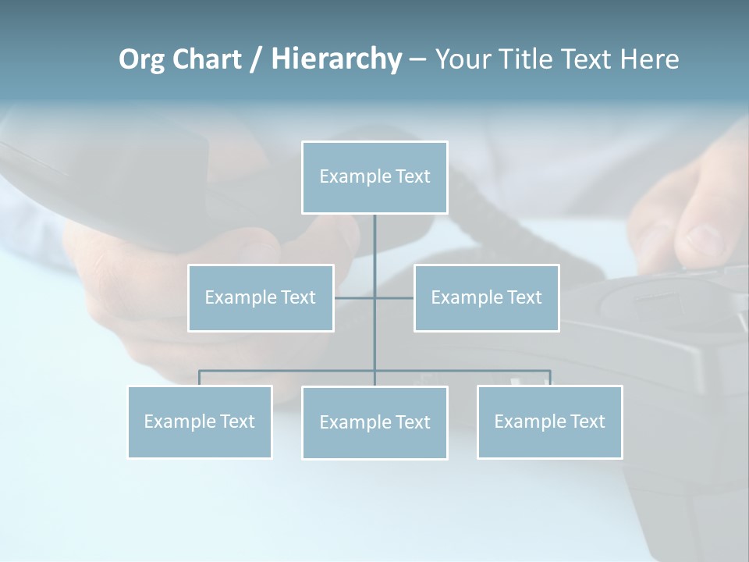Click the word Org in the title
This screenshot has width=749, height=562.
click(141, 59)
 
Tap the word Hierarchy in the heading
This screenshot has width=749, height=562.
click(336, 59)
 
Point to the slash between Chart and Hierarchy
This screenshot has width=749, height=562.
click(256, 59)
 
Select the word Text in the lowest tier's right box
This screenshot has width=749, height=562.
click(587, 421)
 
